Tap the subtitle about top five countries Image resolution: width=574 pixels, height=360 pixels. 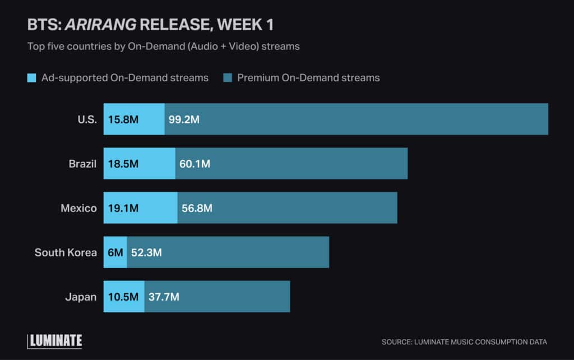pyautogui.click(x=163, y=47)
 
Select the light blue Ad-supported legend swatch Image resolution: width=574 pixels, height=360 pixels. pyautogui.click(x=32, y=78)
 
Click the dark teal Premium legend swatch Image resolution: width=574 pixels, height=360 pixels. pyautogui.click(x=228, y=78)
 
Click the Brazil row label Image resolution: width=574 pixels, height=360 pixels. pyautogui.click(x=82, y=164)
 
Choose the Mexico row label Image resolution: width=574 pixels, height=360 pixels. pyautogui.click(x=78, y=208)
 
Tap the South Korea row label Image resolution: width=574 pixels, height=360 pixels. pyautogui.click(x=66, y=252)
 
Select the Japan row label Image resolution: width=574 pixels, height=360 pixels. pyautogui.click(x=82, y=297)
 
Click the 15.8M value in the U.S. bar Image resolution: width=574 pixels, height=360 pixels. pyautogui.click(x=123, y=119)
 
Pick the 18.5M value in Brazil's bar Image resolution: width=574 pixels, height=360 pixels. pyautogui.click(x=123, y=164)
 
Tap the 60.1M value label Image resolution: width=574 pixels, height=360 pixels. pyautogui.click(x=195, y=164)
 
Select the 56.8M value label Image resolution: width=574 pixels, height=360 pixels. pyautogui.click(x=197, y=208)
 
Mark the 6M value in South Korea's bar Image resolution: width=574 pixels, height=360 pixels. pyautogui.click(x=115, y=252)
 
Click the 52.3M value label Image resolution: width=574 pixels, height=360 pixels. pyautogui.click(x=146, y=252)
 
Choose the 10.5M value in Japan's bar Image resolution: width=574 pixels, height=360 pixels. pyautogui.click(x=123, y=297)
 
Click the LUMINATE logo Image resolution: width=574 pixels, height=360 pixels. pyautogui.click(x=55, y=340)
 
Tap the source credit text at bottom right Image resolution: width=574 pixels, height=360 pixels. pyautogui.click(x=464, y=341)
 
